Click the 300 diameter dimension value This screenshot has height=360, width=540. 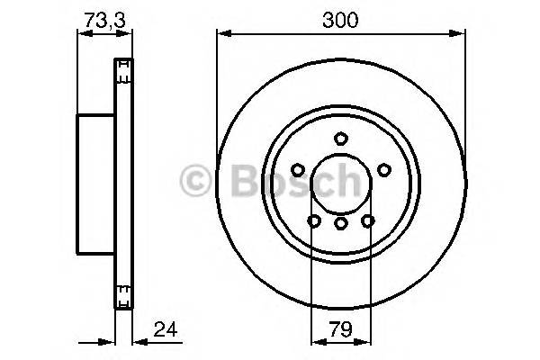[340, 17]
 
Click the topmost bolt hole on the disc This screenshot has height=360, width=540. [340, 138]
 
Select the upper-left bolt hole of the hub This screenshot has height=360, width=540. [297, 169]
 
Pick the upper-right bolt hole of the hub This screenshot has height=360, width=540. [384, 169]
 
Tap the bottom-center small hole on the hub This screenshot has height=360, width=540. [340, 221]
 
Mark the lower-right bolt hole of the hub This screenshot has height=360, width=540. [367, 220]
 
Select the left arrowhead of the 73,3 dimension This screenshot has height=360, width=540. [84, 34]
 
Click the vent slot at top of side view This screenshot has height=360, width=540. [121, 66]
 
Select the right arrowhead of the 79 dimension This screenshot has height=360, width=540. [366, 342]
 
